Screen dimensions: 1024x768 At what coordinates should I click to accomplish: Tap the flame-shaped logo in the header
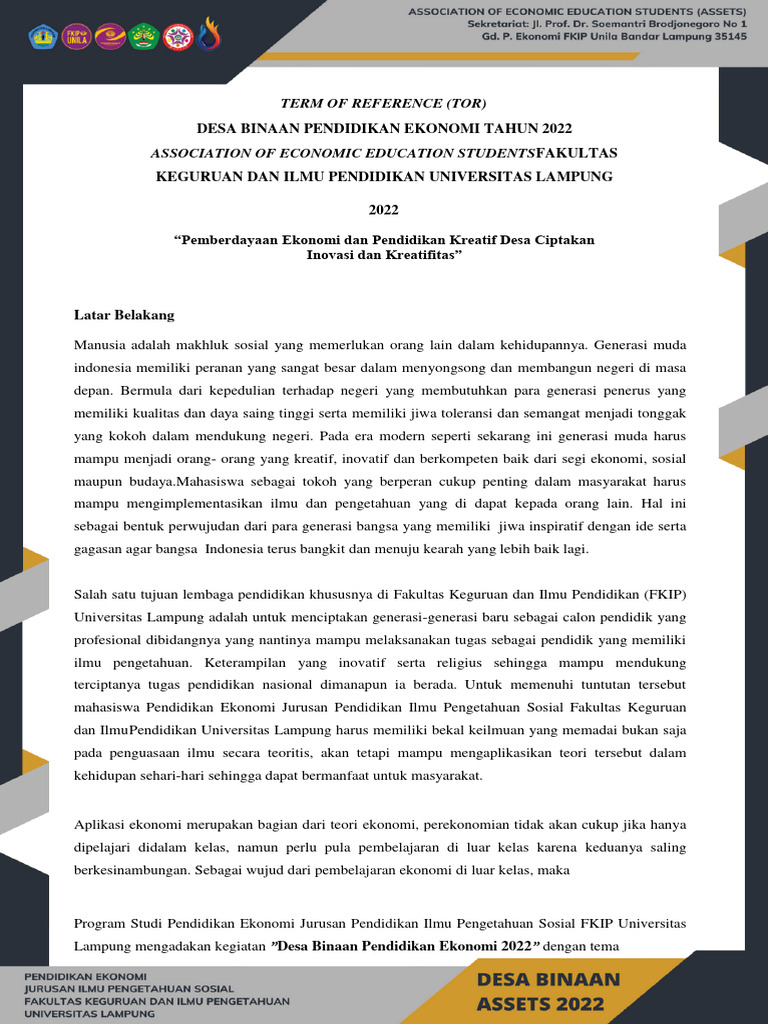pos(209,35)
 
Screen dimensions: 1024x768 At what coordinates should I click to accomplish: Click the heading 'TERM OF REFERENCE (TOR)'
pos(383,104)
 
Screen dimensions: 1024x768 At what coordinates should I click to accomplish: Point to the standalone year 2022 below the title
pos(383,209)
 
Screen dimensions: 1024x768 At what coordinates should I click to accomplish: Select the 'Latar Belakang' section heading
pos(124,315)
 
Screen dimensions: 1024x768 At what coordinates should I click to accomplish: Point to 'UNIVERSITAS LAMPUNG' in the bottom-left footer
pos(89,1013)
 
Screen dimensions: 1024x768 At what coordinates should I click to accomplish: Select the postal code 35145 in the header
pos(725,36)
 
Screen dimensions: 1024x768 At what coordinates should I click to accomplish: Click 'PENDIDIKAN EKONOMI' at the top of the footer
pos(85,976)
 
